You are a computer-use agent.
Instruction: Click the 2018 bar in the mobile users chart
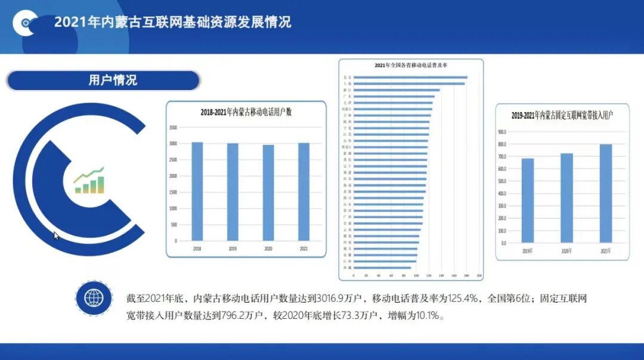click(x=197, y=191)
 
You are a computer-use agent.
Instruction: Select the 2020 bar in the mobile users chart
click(x=268, y=193)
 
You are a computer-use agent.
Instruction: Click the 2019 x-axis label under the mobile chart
click(x=233, y=247)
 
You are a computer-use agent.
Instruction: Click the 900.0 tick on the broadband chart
click(x=501, y=132)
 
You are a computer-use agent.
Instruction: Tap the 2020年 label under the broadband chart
click(x=566, y=251)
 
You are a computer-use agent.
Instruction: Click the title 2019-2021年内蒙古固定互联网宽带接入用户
click(x=562, y=114)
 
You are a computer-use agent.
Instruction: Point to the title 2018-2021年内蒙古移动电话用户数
click(x=246, y=111)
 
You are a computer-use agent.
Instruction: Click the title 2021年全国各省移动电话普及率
click(x=411, y=65)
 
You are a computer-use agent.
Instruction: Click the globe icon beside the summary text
click(x=94, y=297)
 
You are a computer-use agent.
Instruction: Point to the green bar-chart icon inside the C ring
click(x=89, y=181)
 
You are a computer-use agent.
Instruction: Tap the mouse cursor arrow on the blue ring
click(x=56, y=235)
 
